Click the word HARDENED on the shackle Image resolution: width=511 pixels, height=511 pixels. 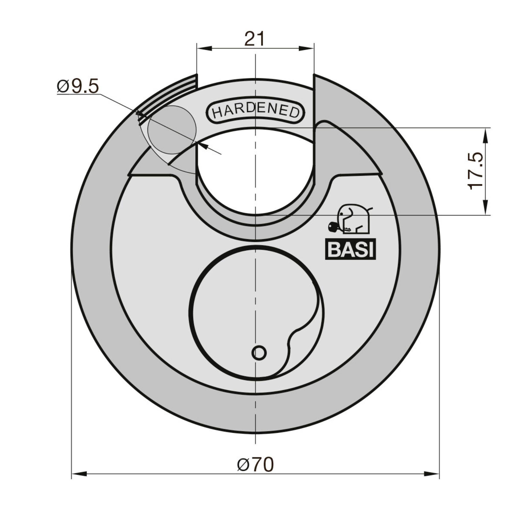coord(255,112)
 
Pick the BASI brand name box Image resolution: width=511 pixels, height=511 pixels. coord(350,250)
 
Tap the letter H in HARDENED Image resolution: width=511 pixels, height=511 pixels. coord(218,113)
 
